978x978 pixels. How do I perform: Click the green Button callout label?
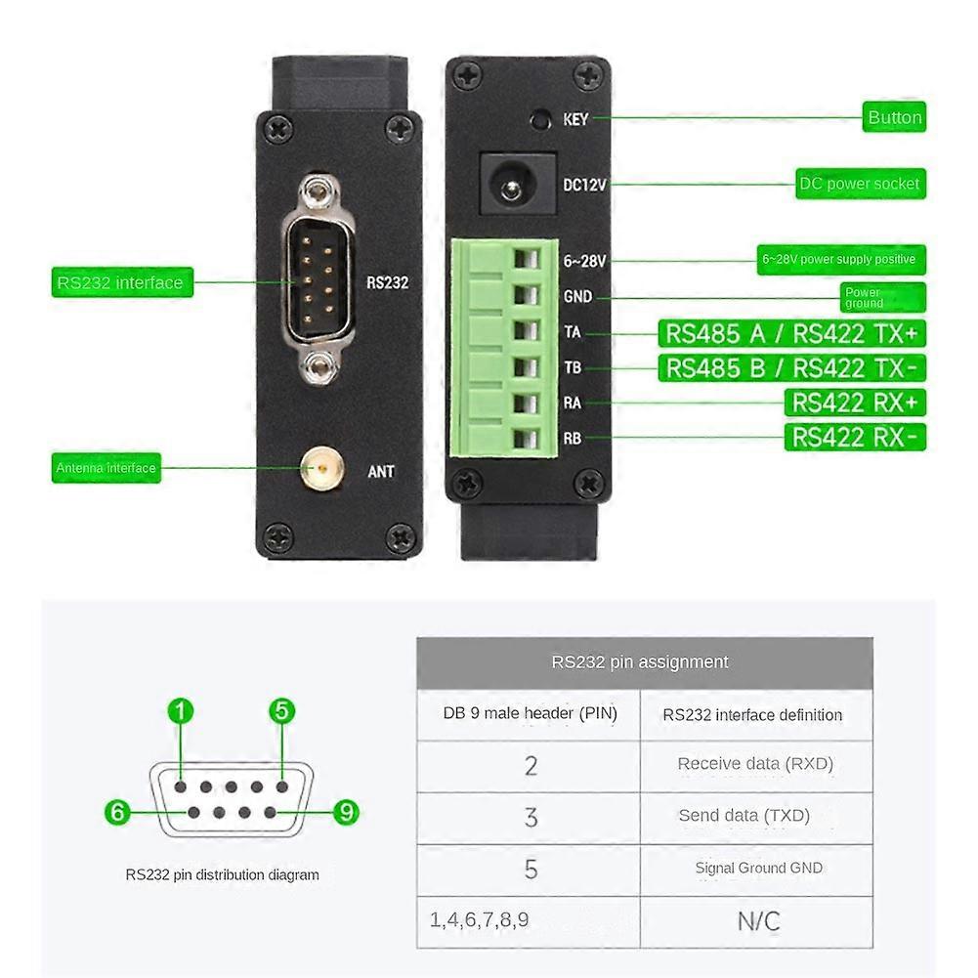(894, 117)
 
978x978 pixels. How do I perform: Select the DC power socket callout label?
(859, 184)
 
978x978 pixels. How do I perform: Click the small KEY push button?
(538, 120)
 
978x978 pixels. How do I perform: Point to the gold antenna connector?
(319, 470)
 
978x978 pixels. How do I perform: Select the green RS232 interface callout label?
(120, 283)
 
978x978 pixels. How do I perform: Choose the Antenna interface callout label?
(106, 468)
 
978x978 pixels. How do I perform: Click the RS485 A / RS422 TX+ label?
(791, 333)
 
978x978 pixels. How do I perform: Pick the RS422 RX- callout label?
(854, 437)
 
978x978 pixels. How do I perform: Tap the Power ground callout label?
(881, 297)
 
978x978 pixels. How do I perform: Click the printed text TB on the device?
(572, 368)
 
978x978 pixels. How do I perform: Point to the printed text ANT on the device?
(381, 472)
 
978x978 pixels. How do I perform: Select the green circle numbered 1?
(181, 711)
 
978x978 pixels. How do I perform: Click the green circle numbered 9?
(346, 812)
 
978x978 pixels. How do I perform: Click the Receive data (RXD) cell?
(755, 764)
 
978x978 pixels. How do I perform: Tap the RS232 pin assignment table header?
(640, 662)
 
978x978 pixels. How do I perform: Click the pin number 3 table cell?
(531, 817)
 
